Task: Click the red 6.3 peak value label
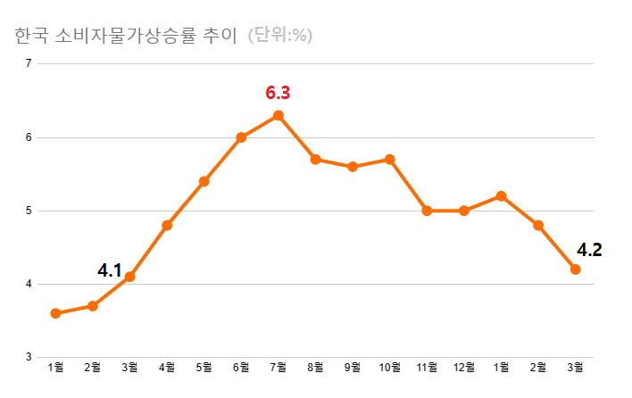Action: click(x=278, y=93)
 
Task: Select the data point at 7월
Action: click(x=279, y=115)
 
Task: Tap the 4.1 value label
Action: click(x=109, y=269)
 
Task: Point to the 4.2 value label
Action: click(x=589, y=250)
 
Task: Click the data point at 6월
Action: click(x=241, y=137)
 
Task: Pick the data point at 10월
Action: click(x=390, y=159)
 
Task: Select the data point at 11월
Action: click(x=427, y=211)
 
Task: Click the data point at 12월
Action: click(x=464, y=211)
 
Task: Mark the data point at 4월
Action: click(x=167, y=225)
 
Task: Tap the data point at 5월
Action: click(x=204, y=181)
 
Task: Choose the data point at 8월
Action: click(x=315, y=159)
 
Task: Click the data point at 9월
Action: click(x=353, y=167)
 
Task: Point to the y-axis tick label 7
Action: click(x=29, y=63)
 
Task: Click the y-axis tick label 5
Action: click(x=29, y=211)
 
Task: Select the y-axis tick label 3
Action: click(x=29, y=358)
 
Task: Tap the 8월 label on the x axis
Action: click(x=315, y=367)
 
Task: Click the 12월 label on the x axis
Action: click(x=464, y=367)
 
